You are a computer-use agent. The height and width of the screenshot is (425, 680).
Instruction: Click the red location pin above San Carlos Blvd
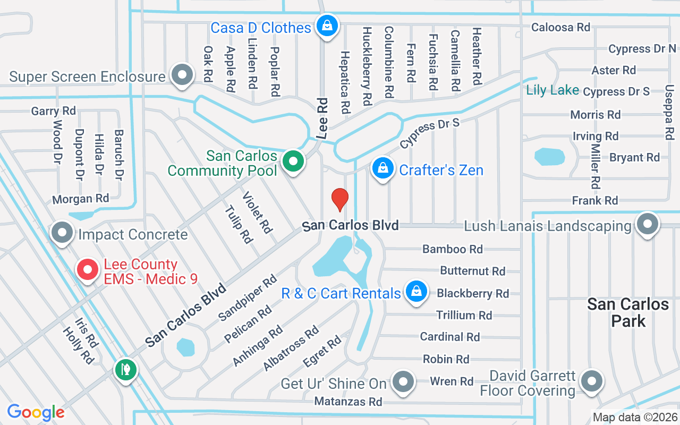tap(339, 199)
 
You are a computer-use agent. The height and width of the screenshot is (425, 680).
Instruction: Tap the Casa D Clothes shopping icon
tap(328, 25)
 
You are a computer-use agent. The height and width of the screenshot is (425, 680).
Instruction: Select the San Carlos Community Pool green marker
tap(292, 160)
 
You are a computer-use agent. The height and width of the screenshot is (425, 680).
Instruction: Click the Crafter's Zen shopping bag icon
tap(382, 168)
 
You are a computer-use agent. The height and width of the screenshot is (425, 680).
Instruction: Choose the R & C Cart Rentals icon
tap(416, 292)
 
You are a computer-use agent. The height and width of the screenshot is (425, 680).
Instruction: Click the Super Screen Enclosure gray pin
tap(182, 75)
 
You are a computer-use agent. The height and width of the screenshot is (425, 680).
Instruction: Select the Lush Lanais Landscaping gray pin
tap(647, 224)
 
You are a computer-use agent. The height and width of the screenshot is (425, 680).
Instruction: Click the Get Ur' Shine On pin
tap(403, 381)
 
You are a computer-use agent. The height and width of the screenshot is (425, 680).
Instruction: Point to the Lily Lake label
tap(552, 90)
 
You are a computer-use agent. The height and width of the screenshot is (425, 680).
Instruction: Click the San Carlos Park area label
tap(627, 312)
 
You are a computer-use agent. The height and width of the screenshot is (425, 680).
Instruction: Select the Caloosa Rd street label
tap(560, 27)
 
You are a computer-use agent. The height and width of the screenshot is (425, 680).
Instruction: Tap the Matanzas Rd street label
tap(348, 402)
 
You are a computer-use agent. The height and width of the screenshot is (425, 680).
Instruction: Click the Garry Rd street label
tap(53, 111)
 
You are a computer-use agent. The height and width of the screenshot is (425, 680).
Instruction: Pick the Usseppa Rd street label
tap(669, 113)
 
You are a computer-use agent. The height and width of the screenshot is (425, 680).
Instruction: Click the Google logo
tap(36, 412)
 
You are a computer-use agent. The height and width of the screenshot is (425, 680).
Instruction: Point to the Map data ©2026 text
tap(634, 417)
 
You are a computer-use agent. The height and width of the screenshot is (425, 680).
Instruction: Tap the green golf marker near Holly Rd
tap(125, 369)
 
